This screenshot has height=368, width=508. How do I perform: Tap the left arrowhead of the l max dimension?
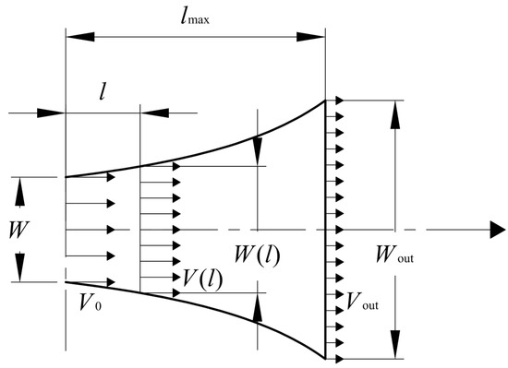click(72, 37)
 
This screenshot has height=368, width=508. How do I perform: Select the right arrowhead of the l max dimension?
click(318, 37)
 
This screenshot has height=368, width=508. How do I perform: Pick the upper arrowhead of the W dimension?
click(18, 184)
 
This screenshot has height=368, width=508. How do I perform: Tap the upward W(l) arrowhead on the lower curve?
click(257, 303)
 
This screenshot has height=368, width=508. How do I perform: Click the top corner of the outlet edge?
click(325, 101)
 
